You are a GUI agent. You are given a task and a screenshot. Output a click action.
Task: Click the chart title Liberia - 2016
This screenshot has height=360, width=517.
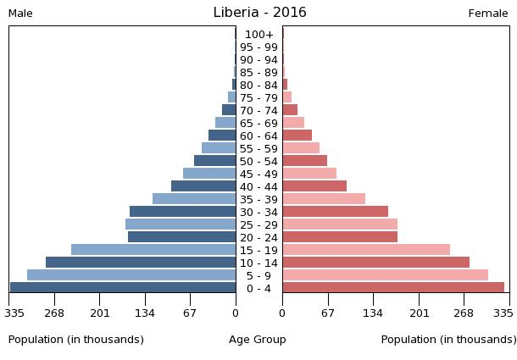pyautogui.click(x=259, y=13)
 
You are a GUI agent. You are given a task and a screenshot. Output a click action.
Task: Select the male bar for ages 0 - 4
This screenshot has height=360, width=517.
pyautogui.click(x=123, y=287)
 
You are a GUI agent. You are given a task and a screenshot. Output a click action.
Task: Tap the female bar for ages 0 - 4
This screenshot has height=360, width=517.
pyautogui.click(x=393, y=287)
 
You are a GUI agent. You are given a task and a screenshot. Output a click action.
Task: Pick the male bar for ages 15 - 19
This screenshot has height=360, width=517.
pyautogui.click(x=153, y=249)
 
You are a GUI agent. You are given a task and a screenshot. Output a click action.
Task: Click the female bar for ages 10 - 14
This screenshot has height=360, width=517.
pyautogui.click(x=376, y=262)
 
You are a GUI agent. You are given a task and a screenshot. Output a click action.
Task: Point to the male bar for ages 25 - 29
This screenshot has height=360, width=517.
pyautogui.click(x=181, y=224)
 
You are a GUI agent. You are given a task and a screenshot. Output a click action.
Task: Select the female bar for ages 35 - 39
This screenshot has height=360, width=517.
pyautogui.click(x=324, y=198)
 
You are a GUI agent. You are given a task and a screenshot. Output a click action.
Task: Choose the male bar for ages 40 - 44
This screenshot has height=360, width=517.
pyautogui.click(x=203, y=186)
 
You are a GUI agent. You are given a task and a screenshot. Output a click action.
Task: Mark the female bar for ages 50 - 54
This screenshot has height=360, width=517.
pyautogui.click(x=305, y=160)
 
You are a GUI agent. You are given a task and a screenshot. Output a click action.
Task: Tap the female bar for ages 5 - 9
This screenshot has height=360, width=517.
pyautogui.click(x=386, y=274)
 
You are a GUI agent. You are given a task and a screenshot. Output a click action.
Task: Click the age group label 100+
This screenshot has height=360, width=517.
pyautogui.click(x=258, y=35)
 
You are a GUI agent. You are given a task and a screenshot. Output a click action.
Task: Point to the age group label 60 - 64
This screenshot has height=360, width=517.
pyautogui.click(x=258, y=136)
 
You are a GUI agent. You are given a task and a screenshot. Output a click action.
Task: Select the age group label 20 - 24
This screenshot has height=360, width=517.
pyautogui.click(x=258, y=237)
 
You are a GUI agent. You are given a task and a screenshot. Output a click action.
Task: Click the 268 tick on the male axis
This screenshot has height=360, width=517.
pyautogui.click(x=54, y=313)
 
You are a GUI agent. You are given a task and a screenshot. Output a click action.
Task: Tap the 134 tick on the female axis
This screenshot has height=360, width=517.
pyautogui.click(x=373, y=313)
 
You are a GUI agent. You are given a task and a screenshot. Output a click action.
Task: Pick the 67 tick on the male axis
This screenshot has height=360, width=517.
pyautogui.click(x=190, y=313)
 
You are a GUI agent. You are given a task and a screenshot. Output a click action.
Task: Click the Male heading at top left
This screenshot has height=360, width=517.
pyautogui.click(x=20, y=14)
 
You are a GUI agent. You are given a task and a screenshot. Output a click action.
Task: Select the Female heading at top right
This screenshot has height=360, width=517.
pyautogui.click(x=488, y=14)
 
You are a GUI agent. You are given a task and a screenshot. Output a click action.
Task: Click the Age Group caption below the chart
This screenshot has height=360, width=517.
pyautogui.click(x=258, y=340)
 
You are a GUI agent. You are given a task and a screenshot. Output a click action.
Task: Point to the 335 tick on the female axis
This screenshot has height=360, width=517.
pyautogui.click(x=503, y=313)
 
